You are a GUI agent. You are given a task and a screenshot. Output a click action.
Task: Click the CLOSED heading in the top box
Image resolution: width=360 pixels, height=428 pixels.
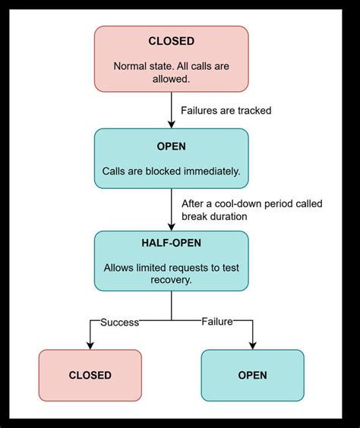pos(171,42)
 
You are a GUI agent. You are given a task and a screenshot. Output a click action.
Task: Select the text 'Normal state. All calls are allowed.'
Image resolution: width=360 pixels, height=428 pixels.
pos(171,73)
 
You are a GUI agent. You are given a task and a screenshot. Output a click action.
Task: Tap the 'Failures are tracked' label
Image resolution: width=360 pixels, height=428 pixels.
pos(226,111)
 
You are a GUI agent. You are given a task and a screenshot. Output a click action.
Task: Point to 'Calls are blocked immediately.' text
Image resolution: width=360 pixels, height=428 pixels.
pos(171,172)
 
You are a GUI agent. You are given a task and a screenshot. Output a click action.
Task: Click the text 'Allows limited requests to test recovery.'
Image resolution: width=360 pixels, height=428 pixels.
pos(171,272)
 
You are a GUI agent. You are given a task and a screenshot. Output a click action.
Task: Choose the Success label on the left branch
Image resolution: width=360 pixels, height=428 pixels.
pos(120,323)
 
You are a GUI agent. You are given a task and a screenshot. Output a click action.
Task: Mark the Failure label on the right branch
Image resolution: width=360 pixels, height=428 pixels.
pos(216,323)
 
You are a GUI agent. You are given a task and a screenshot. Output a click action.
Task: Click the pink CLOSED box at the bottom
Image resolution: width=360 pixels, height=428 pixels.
pos(90,375)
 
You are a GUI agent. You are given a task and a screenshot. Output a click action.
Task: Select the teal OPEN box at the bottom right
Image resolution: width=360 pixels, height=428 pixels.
pos(252,375)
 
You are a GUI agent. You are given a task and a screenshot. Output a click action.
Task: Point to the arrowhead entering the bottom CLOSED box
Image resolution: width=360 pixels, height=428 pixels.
pos(90,345)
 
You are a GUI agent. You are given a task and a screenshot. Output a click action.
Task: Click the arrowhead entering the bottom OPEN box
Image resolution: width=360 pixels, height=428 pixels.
pos(252,345)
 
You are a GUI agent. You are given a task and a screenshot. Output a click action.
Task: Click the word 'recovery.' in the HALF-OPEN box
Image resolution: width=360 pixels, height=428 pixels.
pos(171,279)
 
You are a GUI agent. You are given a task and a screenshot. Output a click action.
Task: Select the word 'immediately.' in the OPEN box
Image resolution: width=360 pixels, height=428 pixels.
pos(211,172)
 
